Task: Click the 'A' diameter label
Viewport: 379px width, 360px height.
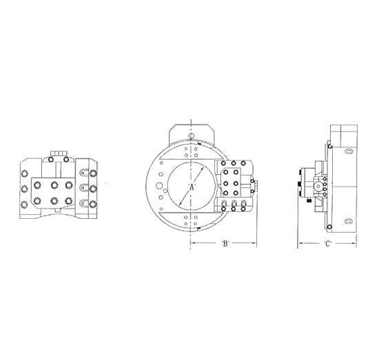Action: click(191, 187)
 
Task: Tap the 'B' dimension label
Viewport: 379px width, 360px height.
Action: click(225, 244)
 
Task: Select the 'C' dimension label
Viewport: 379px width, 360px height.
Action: click(327, 244)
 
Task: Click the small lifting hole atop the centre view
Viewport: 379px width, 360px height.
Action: click(191, 136)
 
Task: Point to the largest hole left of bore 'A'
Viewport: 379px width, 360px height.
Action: click(159, 186)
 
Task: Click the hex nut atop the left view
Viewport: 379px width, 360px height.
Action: click(59, 153)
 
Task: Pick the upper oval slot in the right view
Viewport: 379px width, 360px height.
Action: click(348, 151)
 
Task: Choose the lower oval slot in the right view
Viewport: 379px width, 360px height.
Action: click(348, 221)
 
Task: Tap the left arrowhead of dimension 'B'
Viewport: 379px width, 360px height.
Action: click(192, 243)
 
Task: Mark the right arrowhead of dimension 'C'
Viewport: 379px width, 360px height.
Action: click(354, 243)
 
